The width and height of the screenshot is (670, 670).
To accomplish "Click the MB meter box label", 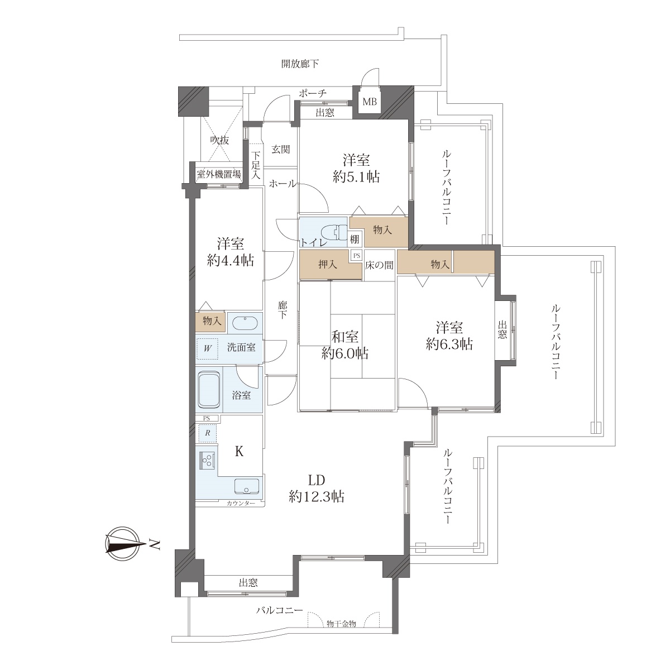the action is point(370,102).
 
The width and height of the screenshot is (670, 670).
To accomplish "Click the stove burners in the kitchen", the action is point(207,461).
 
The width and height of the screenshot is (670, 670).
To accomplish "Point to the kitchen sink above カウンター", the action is point(247,486).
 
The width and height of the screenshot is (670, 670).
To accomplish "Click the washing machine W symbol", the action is point(208,349).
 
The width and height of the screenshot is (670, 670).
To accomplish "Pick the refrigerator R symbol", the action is point(208,433).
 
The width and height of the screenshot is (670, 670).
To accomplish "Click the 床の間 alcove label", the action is point(379,265).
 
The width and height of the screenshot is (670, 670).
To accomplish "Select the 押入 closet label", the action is point(328,265).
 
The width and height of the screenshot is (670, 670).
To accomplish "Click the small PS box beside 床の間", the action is point(356,256).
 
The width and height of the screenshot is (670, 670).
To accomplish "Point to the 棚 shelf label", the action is point(355,239).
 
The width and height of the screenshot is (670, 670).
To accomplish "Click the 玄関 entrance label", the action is point(280,150).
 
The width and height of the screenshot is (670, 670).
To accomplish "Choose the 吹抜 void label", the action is point(220,140).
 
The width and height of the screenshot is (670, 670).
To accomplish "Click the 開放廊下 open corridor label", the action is point(300,64).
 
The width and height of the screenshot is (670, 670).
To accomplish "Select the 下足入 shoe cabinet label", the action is point(256,165).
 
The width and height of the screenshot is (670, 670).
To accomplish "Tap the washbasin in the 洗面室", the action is point(245,323).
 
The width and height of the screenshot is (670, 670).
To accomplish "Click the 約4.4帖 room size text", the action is point(230,260).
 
